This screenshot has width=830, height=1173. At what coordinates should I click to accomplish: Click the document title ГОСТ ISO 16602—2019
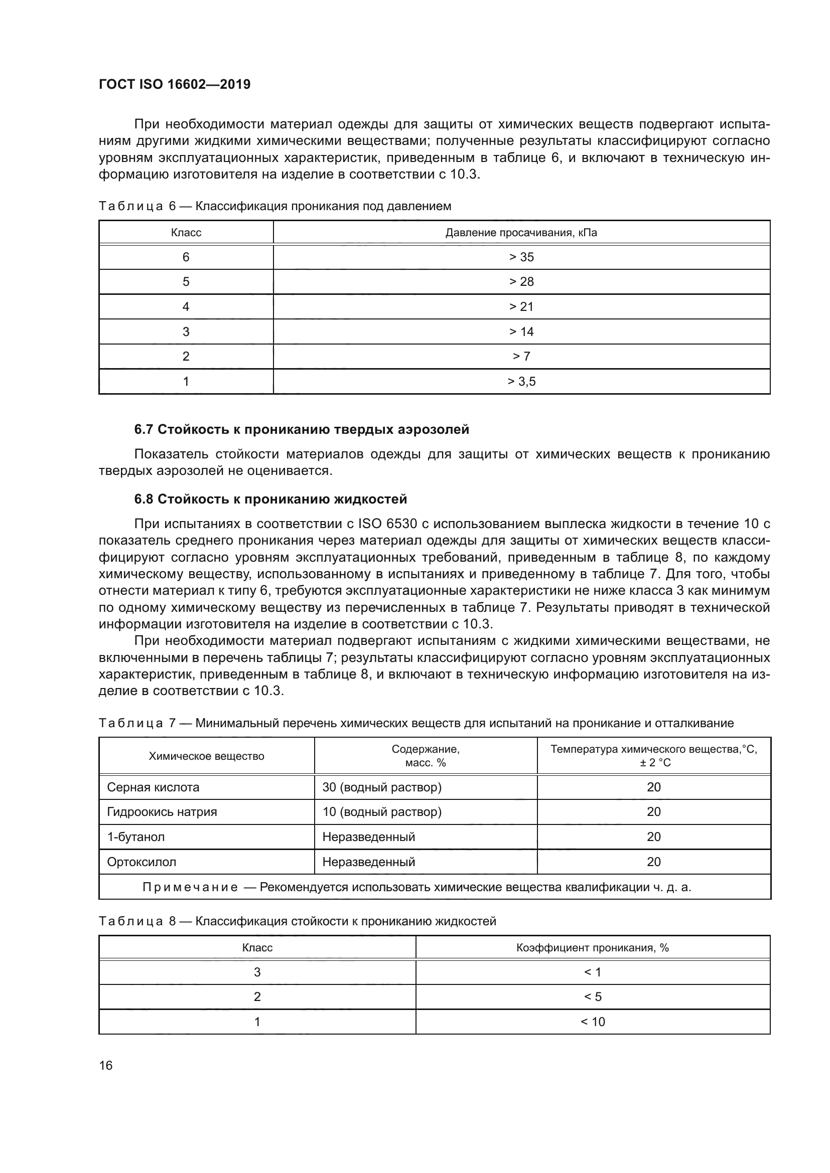[174, 85]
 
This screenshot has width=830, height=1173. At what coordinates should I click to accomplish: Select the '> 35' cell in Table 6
[521, 257]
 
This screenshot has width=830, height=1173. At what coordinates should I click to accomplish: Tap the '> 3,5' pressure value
[521, 382]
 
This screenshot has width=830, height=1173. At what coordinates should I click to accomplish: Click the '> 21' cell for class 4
[521, 306]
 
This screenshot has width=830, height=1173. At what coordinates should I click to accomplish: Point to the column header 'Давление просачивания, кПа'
[521, 233]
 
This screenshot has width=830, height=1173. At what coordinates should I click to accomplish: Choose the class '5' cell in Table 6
[186, 282]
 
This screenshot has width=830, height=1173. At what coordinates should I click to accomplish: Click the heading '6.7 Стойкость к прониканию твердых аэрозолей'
[302, 430]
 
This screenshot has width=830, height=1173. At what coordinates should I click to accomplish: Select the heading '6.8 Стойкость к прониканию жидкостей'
[270, 499]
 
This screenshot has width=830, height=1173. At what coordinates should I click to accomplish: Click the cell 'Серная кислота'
[154, 787]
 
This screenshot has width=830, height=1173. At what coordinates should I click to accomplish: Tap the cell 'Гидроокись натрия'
[162, 812]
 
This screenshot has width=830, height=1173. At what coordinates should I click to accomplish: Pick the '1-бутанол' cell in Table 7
[136, 837]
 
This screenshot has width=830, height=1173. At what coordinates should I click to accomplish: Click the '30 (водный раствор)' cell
[382, 787]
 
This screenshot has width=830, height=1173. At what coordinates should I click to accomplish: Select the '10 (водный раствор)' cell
[382, 812]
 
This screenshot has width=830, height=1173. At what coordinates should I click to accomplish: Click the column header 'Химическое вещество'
[206, 756]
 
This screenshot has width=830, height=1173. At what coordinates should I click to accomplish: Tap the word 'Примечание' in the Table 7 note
[190, 888]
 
